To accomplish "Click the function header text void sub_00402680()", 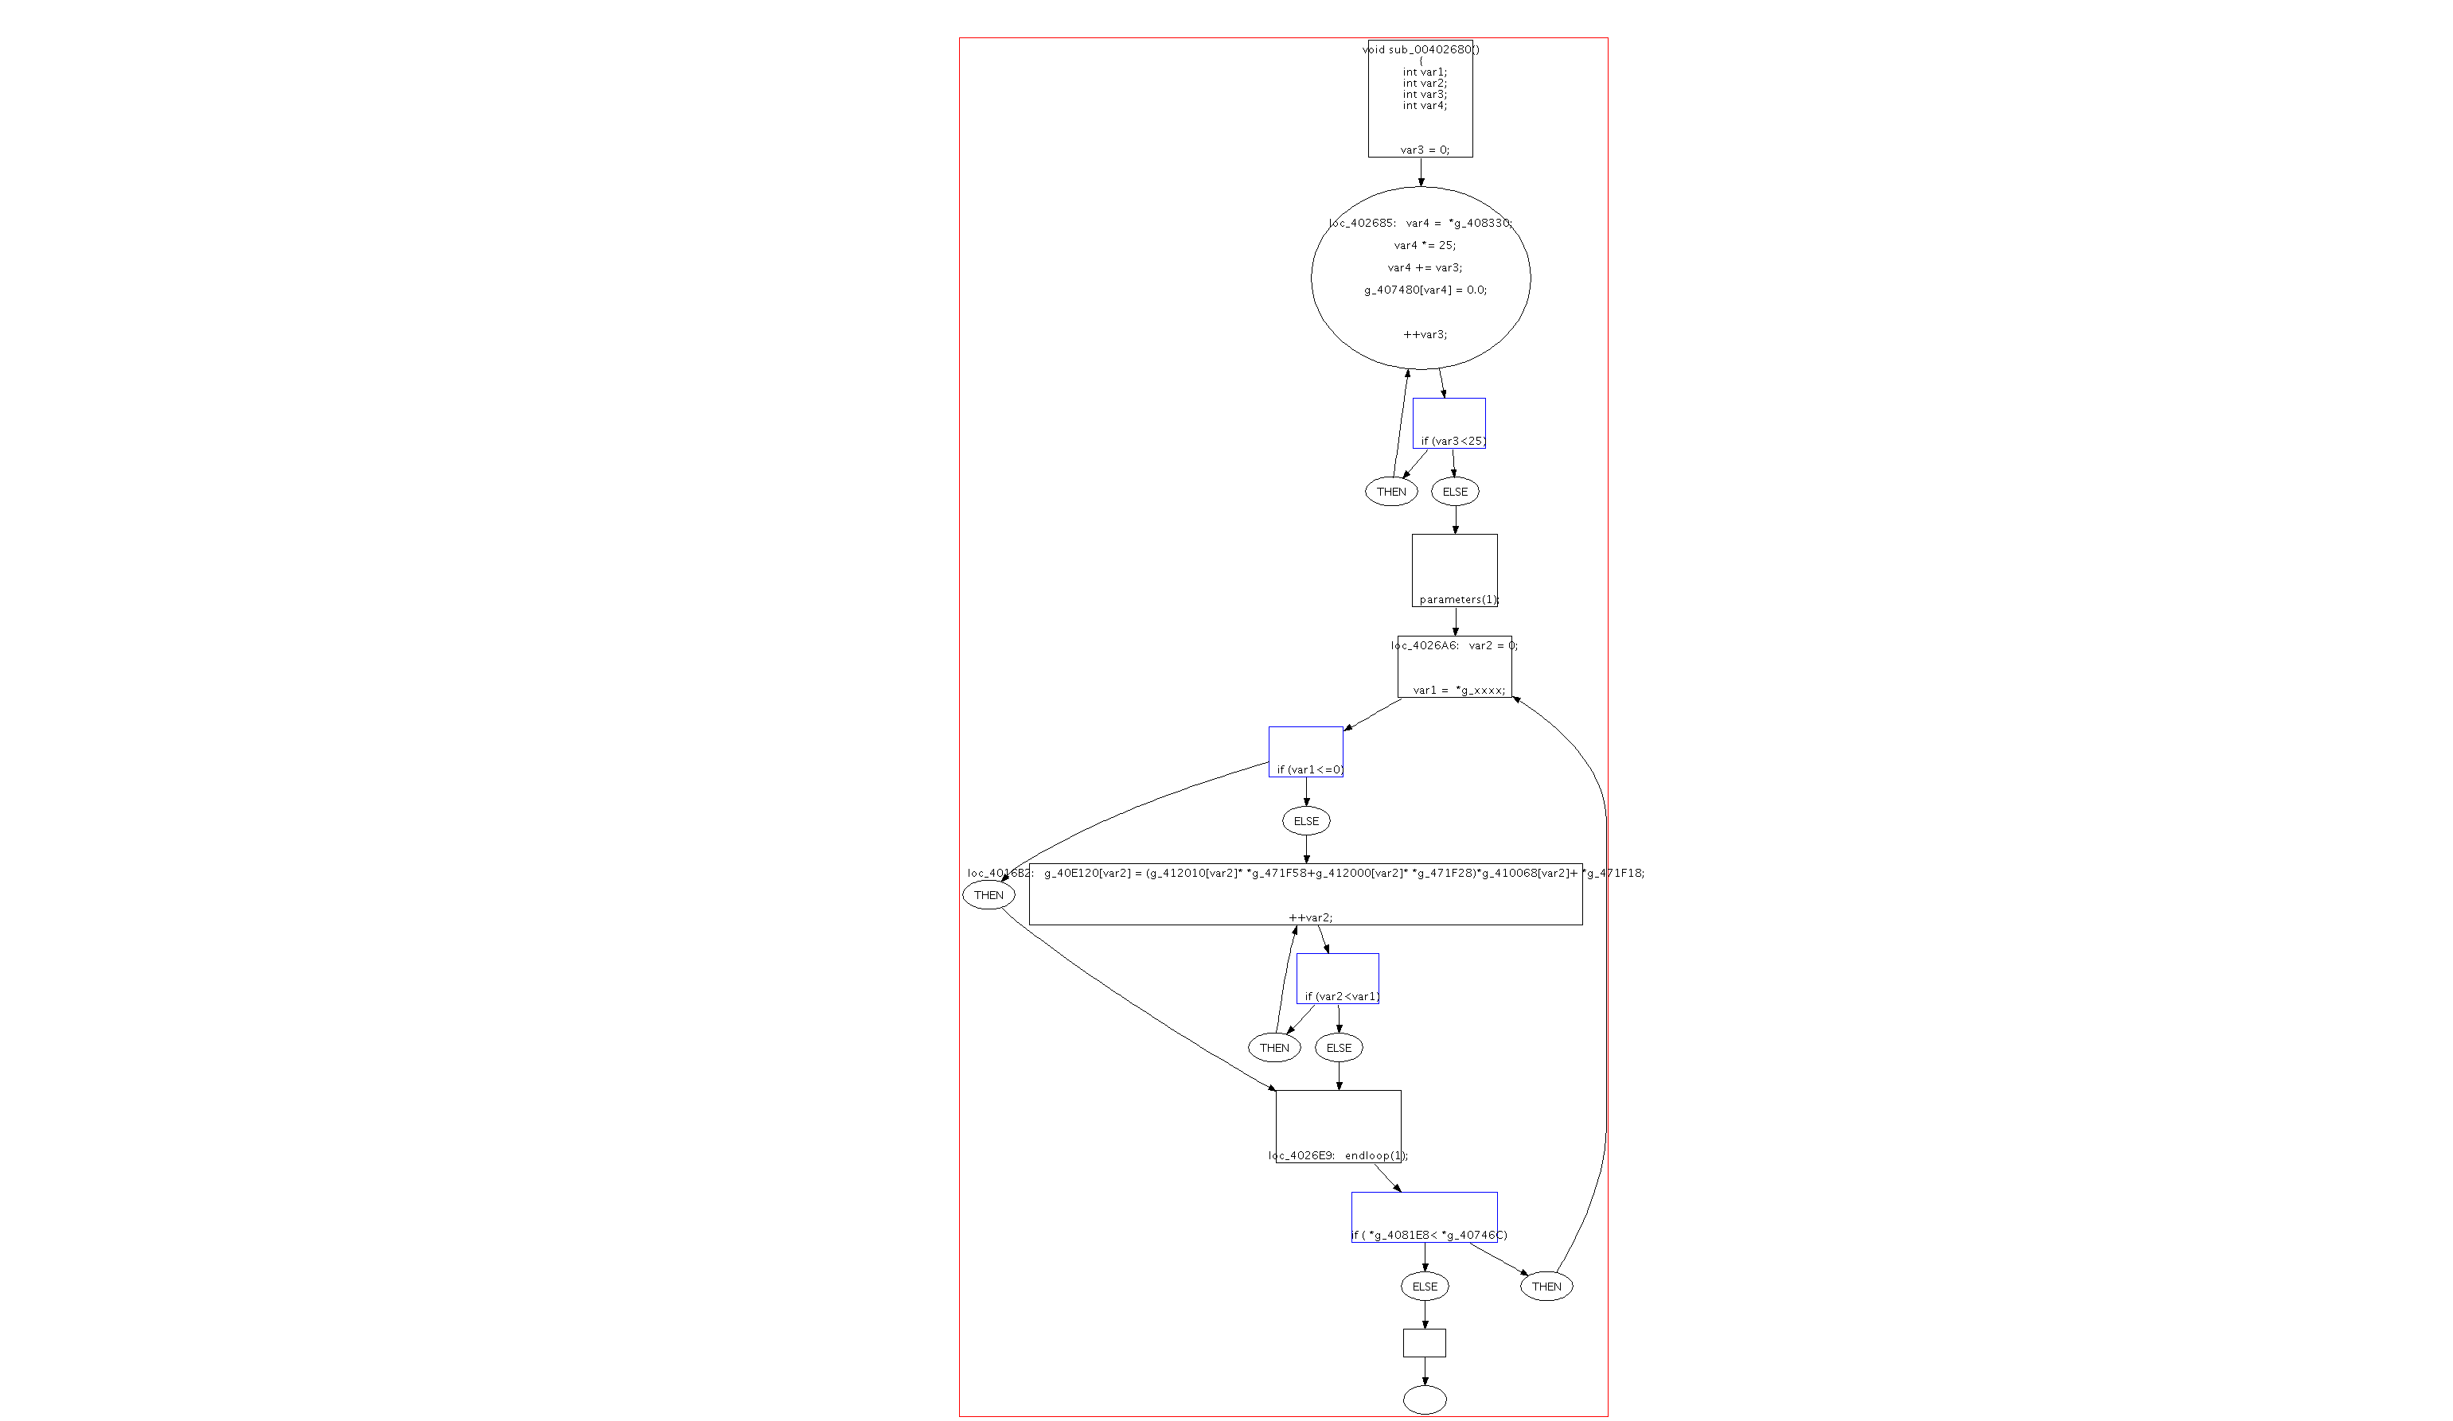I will click(x=1420, y=49).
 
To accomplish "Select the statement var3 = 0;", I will click(x=1424, y=150).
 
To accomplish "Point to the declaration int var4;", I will click(x=1424, y=105).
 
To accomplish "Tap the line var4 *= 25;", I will click(x=1424, y=245).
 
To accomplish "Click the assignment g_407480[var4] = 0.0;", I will click(x=1425, y=290).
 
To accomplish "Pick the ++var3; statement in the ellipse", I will click(x=1425, y=335).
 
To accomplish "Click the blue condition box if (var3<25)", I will click(x=1449, y=424).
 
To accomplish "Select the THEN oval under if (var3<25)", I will click(x=1391, y=492).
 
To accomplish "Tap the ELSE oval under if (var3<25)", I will click(x=1455, y=492).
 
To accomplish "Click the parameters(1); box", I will click(x=1455, y=571).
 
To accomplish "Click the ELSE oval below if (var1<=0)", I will click(x=1306, y=821).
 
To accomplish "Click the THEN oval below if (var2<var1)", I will click(x=1274, y=1048).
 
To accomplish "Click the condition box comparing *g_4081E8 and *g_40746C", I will click(x=1424, y=1217).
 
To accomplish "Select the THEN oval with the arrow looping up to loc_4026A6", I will click(x=1546, y=1287).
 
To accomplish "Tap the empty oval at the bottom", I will click(x=1425, y=1400).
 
